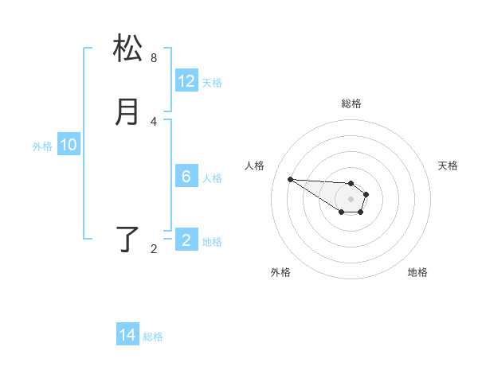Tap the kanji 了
coord(128,240)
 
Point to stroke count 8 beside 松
coord(154,58)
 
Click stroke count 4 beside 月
coord(154,122)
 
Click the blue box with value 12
coord(186,81)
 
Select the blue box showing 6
coord(186,177)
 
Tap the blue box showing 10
coord(69,145)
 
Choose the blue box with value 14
coord(127,336)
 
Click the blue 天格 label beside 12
coord(212,83)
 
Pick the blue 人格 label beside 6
coord(212,178)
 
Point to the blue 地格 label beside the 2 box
coord(212,242)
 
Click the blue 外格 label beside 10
coord(42,146)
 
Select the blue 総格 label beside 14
coord(153,337)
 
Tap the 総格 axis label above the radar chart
coord(351,103)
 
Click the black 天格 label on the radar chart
coord(449,166)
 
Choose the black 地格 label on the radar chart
coord(417,272)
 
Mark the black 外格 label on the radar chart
coord(280,272)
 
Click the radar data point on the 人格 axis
coord(291,179)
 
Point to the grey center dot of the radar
coord(351,199)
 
